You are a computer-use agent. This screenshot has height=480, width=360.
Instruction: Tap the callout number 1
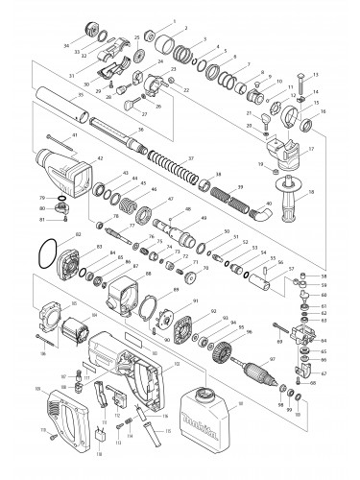pyautogui.click(x=173, y=20)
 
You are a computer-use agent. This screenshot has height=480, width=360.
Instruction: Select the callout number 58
pyautogui.click(x=324, y=276)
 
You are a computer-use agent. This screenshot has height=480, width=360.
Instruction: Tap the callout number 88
pyautogui.click(x=148, y=275)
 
